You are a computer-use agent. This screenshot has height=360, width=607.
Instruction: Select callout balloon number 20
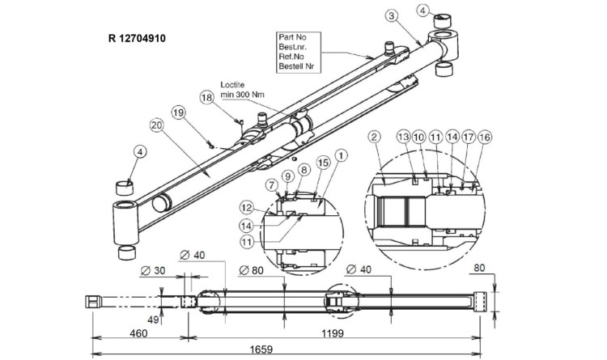[x=156, y=125]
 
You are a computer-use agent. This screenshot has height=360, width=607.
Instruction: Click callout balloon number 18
[x=206, y=97]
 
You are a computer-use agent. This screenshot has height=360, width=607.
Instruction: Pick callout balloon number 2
[x=375, y=138]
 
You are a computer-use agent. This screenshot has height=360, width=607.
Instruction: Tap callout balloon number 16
[x=485, y=138]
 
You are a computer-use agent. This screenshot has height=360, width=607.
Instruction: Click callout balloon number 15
[x=322, y=163]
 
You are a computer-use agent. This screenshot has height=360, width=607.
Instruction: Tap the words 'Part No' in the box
[x=293, y=37]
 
